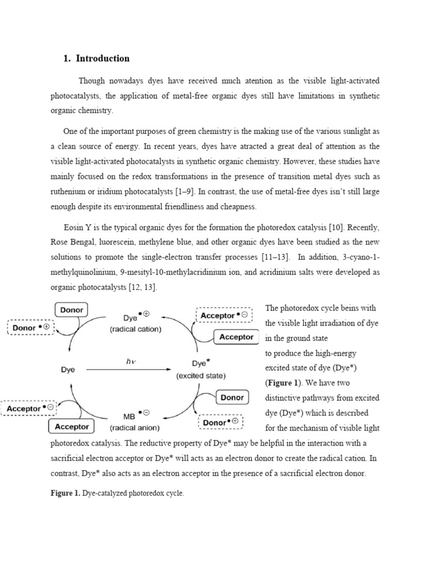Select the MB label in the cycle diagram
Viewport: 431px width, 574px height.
tap(128, 416)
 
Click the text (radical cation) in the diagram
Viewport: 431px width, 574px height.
tap(135, 330)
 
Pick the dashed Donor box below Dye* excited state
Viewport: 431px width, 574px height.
tap(222, 422)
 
